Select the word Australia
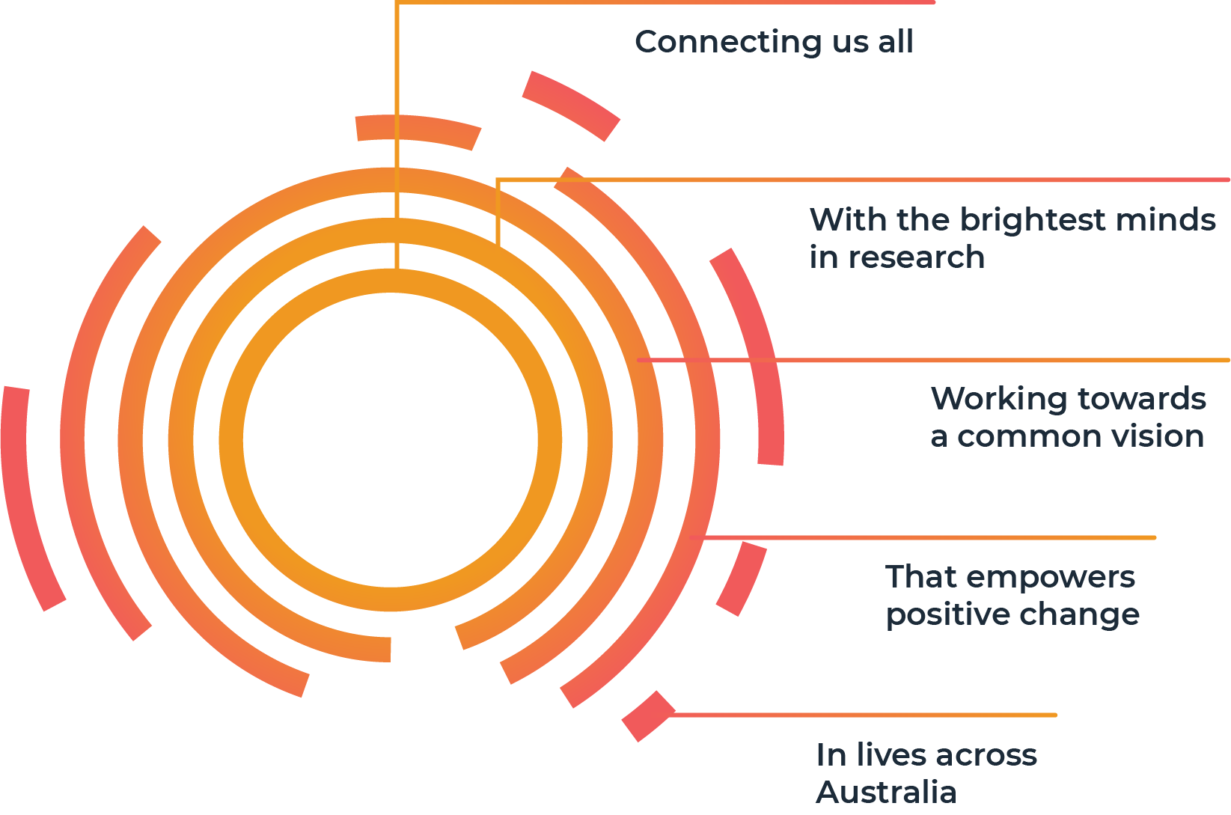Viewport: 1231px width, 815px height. (x=886, y=792)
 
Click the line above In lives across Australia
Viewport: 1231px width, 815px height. (x=863, y=715)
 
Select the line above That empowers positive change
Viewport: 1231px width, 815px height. (x=923, y=537)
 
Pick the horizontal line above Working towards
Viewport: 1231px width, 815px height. (x=933, y=360)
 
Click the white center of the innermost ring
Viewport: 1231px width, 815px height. (x=390, y=439)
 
